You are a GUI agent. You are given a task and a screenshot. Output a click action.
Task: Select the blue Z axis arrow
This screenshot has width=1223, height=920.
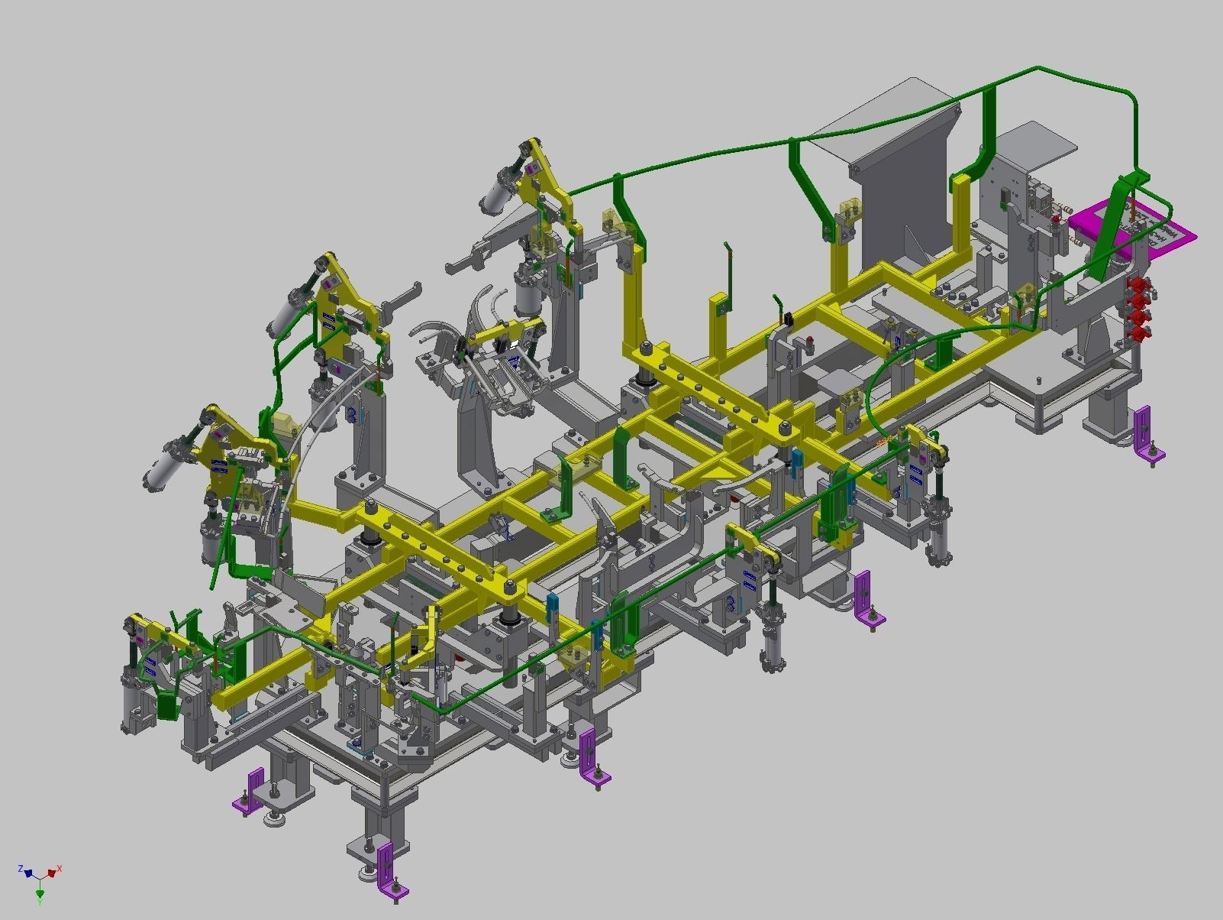pos(27,872)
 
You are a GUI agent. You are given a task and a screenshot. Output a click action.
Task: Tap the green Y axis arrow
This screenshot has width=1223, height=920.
pos(40,892)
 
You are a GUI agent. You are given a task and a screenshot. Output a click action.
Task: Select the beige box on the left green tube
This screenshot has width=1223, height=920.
pos(282,425)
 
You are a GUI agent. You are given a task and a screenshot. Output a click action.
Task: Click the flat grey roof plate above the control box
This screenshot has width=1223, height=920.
pos(1038,141)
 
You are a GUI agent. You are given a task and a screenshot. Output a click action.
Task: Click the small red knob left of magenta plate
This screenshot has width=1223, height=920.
pos(1055,220)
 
